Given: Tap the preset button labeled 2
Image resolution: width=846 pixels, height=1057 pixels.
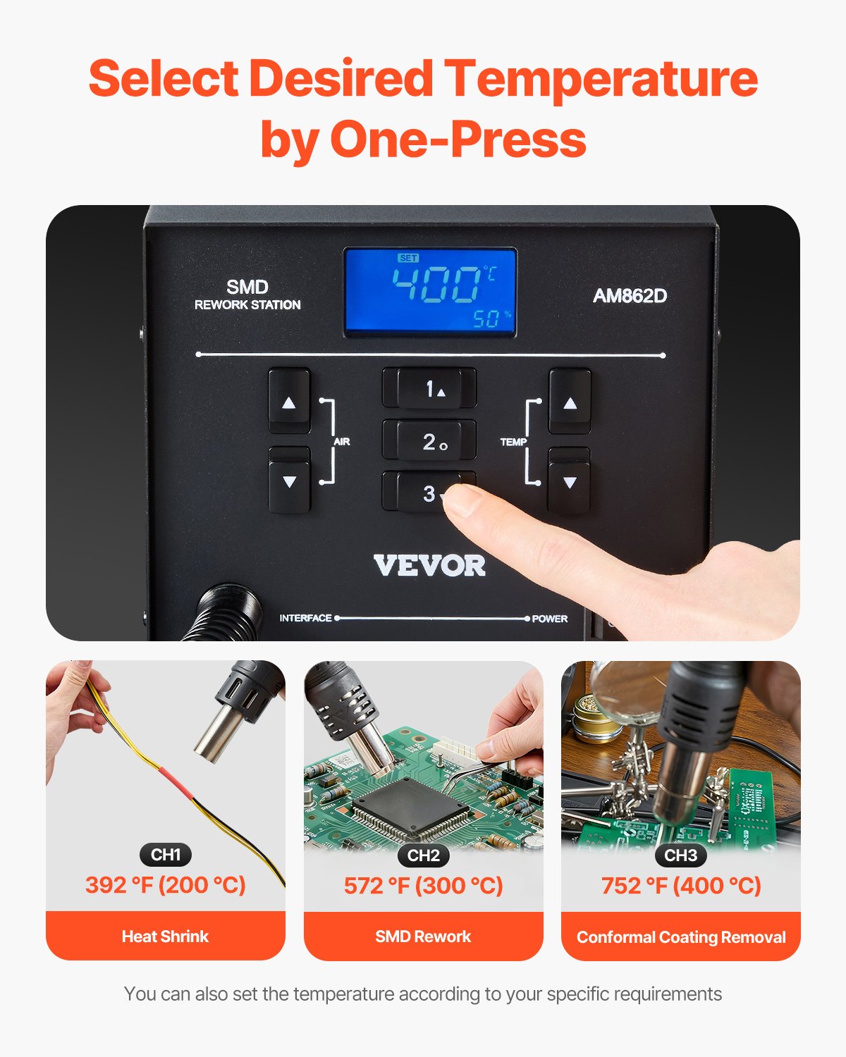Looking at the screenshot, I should (x=429, y=441).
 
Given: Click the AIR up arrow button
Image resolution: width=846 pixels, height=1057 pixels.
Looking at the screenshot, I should (x=289, y=402).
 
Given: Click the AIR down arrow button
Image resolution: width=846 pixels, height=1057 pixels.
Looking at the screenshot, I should (x=289, y=482).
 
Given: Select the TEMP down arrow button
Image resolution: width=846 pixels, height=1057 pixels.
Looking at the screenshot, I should (x=570, y=482).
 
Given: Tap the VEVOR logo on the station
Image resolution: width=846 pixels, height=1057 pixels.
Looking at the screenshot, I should (x=429, y=565).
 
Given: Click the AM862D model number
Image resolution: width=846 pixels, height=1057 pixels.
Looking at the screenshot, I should (x=630, y=295).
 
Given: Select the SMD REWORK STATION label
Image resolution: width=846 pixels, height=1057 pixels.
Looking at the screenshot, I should (x=247, y=295).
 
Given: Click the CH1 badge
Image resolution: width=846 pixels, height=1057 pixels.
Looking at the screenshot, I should (x=166, y=855).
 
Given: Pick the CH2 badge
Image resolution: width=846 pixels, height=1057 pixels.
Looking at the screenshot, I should (x=423, y=855).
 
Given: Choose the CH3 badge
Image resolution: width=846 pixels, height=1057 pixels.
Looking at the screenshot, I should (x=680, y=855).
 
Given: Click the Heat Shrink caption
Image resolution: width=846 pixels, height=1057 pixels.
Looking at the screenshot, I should (x=165, y=937).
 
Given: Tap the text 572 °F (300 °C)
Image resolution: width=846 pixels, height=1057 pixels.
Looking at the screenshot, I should (x=423, y=885).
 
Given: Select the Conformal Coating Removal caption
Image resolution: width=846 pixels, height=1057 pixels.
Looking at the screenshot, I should (x=680, y=937).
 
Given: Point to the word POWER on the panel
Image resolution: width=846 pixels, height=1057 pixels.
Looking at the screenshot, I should (x=550, y=619).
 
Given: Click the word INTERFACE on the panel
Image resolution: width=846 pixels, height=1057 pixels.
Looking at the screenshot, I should (x=305, y=618).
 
